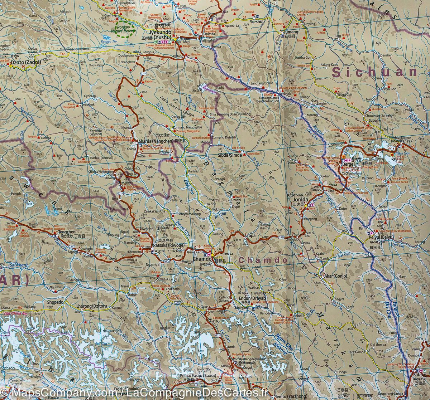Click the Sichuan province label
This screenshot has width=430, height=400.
click(374, 72)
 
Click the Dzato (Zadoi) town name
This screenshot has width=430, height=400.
click(25, 62)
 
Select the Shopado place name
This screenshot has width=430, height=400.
click(55, 302)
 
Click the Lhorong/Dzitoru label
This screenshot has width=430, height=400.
click(90, 306)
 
